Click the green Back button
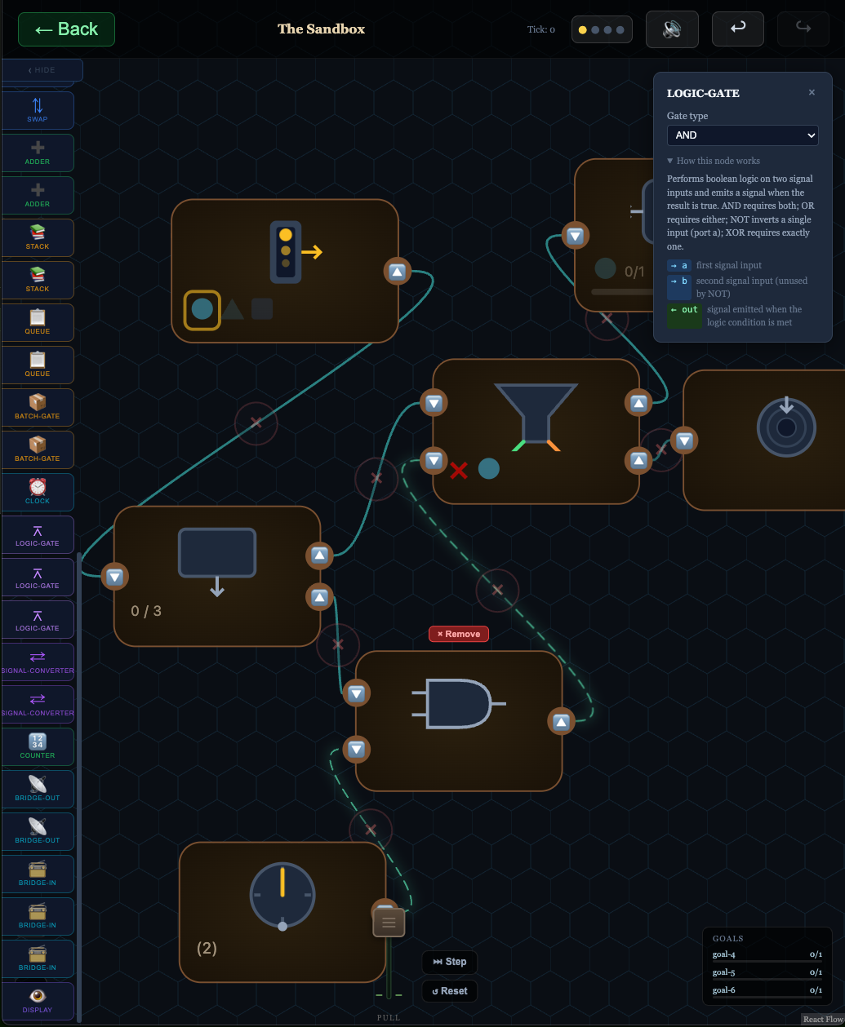(x=66, y=29)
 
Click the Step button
(x=450, y=962)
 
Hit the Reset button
(x=450, y=991)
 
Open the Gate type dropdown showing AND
(x=742, y=135)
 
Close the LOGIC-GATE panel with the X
(x=812, y=93)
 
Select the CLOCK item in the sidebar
(x=38, y=492)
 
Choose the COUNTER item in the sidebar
(x=38, y=746)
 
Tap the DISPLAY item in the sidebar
(x=38, y=1001)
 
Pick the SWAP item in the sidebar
(x=38, y=110)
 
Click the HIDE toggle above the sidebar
(x=42, y=70)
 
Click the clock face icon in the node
(x=282, y=896)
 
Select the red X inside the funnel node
(x=459, y=469)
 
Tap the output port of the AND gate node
(x=561, y=721)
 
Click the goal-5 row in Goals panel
(x=767, y=972)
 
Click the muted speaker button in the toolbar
(x=672, y=29)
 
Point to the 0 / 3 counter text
(x=146, y=611)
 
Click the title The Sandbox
(x=321, y=29)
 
